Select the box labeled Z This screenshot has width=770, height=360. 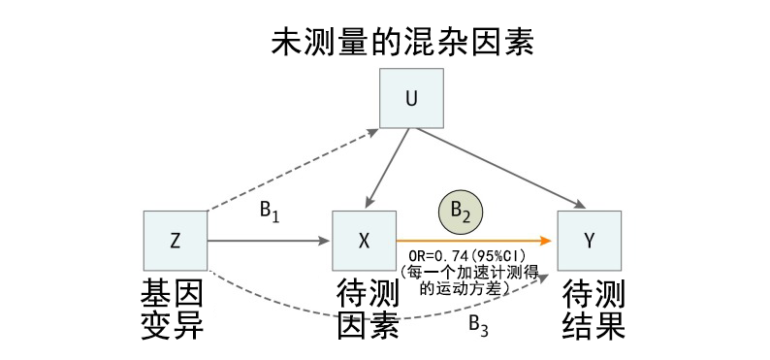(x=176, y=241)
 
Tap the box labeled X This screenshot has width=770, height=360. (x=364, y=241)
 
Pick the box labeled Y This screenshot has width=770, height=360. (x=589, y=241)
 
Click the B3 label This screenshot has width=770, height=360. (x=479, y=324)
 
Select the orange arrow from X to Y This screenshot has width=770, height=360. (x=475, y=240)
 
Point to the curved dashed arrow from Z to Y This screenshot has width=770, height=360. (x=369, y=312)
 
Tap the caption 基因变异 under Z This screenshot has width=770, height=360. (x=174, y=309)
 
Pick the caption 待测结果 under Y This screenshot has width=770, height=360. (x=594, y=309)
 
